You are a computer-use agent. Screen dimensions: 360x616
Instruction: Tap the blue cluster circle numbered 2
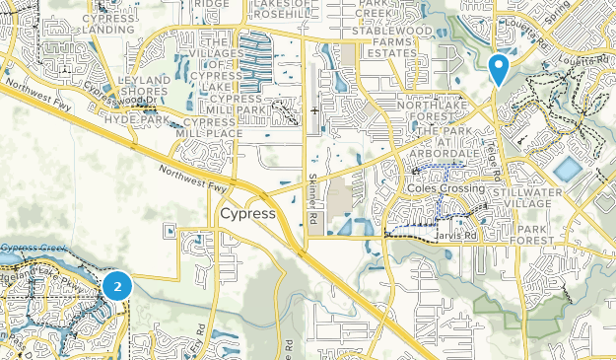[x=118, y=287]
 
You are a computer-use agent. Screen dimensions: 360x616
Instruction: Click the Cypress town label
[x=247, y=214]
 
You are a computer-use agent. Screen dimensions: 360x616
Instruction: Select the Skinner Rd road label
[x=313, y=203]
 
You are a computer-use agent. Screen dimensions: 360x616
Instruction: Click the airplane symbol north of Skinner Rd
[x=314, y=110]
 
